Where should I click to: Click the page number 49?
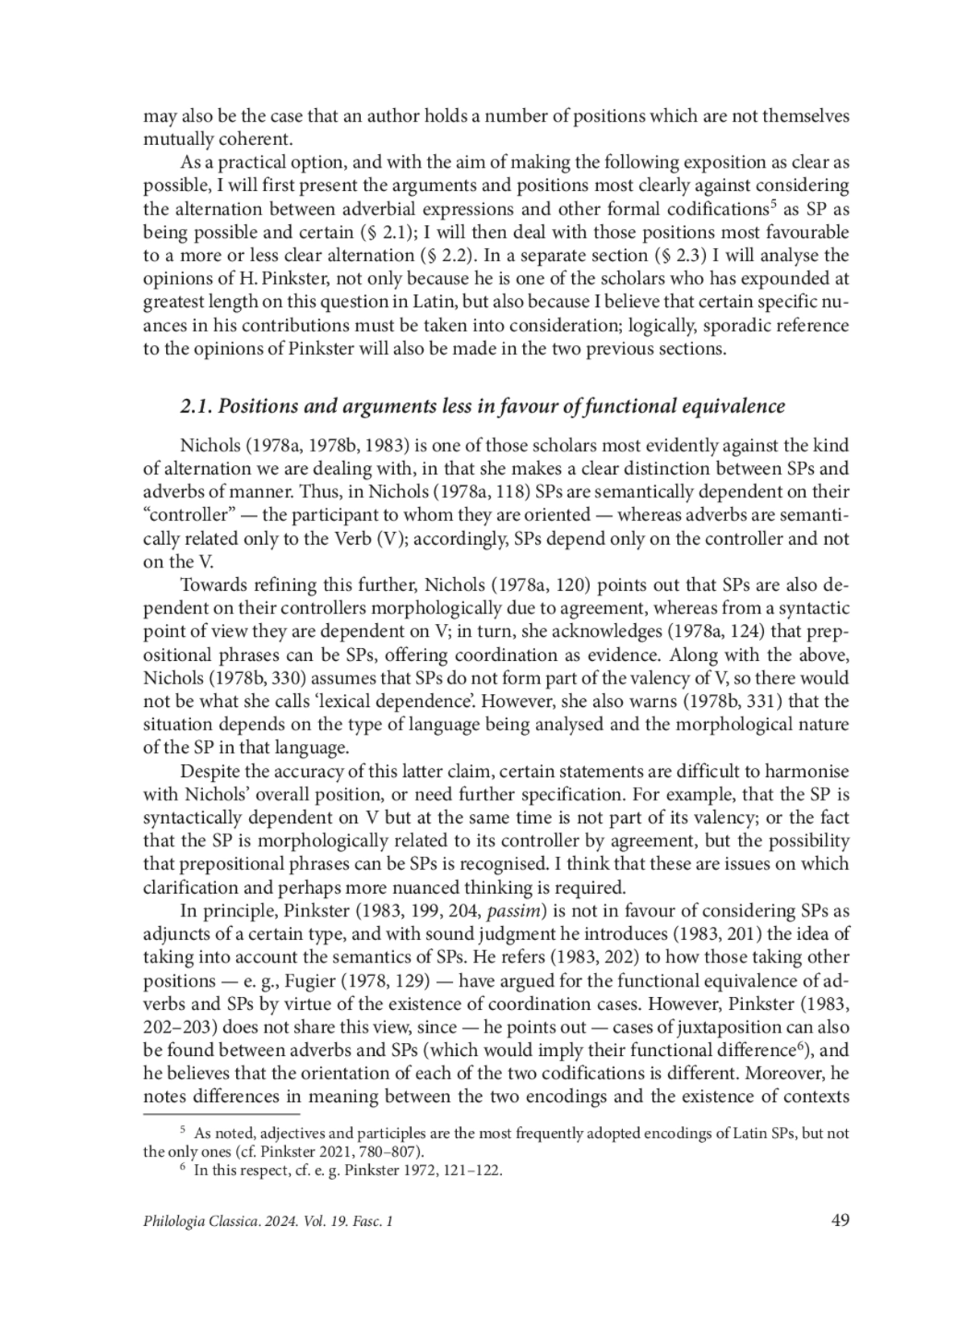pyautogui.click(x=840, y=1220)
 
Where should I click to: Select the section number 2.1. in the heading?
pyautogui.click(x=196, y=406)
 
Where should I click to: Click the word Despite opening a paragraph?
pyautogui.click(x=208, y=771)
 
